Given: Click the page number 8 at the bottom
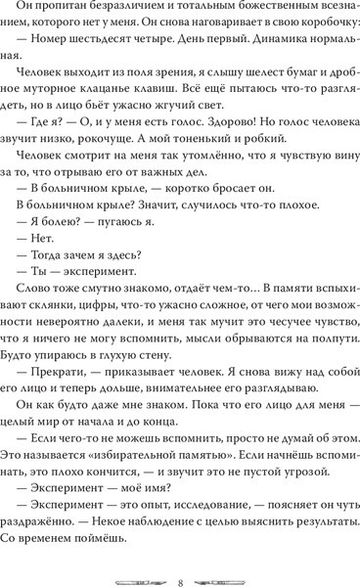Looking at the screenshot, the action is (181, 558).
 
